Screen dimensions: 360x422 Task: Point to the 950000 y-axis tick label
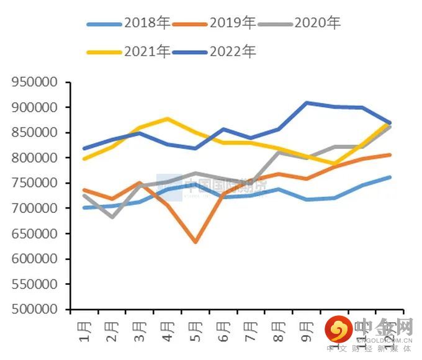coord(35,82)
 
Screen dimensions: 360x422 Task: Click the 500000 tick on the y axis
coord(35,309)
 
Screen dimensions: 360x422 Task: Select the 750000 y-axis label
coord(35,183)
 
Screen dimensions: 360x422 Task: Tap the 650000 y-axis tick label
coord(35,234)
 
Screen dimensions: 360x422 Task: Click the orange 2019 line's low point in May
coord(195,241)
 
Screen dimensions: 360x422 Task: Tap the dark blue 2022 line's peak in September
coord(307,102)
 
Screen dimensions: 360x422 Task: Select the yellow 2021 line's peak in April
coord(168,119)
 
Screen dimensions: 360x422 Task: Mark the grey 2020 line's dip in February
coord(112,217)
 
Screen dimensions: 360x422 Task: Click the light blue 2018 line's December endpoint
coord(390,177)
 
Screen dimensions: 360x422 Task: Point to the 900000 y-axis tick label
coord(35,107)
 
